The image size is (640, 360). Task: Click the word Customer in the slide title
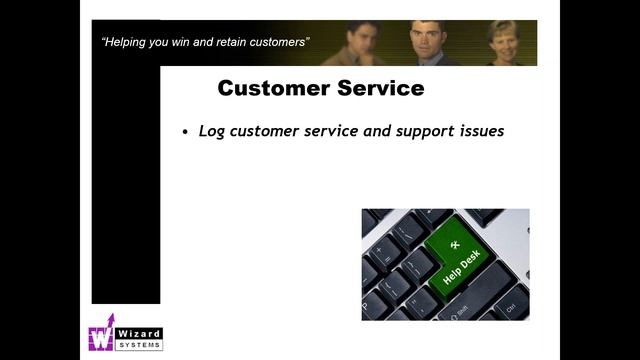point(269,88)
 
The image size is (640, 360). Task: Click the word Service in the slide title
point(376,88)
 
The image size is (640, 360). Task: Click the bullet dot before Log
point(185,133)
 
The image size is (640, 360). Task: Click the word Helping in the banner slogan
point(129,42)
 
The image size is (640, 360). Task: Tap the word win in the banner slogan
point(186,42)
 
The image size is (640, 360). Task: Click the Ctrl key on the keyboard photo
point(510,309)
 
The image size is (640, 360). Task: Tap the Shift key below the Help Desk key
point(463,308)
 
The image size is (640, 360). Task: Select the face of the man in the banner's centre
point(427,38)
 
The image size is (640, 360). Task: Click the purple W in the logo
point(102,337)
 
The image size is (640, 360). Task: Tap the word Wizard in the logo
point(140,333)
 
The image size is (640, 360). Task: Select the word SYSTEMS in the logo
point(140,344)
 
